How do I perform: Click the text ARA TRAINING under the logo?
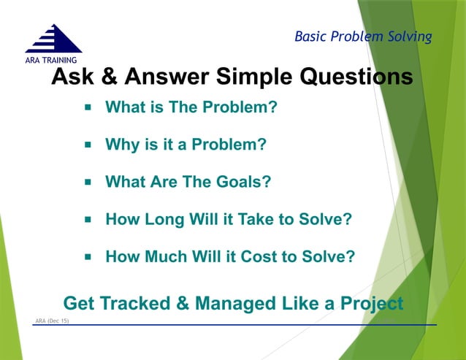[x=53, y=60]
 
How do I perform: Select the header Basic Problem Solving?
[x=363, y=36]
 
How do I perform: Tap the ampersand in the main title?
[x=111, y=77]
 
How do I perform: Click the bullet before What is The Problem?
[x=87, y=107]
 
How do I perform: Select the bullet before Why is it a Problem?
[x=87, y=145]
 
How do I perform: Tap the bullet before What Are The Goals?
[x=87, y=182]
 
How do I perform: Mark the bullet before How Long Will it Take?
[x=87, y=218]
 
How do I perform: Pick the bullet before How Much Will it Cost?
[x=87, y=256]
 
